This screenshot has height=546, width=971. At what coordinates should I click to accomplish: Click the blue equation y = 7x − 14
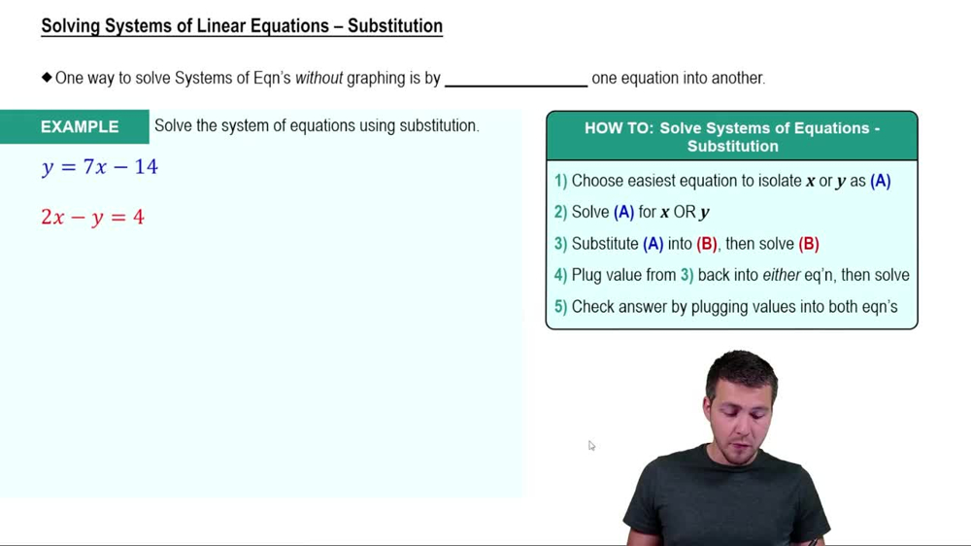click(x=100, y=167)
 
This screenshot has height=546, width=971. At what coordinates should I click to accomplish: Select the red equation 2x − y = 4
click(x=92, y=218)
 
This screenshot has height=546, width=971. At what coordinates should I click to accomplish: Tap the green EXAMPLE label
click(x=80, y=127)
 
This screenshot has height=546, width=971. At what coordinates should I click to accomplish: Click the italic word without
click(x=319, y=78)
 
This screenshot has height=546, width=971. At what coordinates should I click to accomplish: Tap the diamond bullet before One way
click(x=47, y=78)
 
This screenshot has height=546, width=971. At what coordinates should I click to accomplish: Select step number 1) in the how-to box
click(x=560, y=181)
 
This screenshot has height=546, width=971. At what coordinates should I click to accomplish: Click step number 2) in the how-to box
click(x=560, y=212)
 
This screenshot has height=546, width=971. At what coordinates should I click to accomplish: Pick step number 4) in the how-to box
click(x=560, y=275)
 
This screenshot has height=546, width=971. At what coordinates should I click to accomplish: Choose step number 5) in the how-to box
click(x=560, y=307)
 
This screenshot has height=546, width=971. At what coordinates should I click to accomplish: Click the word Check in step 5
click(x=593, y=307)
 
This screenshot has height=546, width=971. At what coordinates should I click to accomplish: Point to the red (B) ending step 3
click(x=808, y=244)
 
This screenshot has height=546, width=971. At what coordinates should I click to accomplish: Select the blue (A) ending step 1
click(x=880, y=181)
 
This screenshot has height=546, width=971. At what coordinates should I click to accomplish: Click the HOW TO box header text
click(x=732, y=137)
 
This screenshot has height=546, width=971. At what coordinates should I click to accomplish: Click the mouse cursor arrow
click(x=590, y=445)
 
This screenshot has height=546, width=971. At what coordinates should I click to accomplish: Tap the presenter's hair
click(x=741, y=368)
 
